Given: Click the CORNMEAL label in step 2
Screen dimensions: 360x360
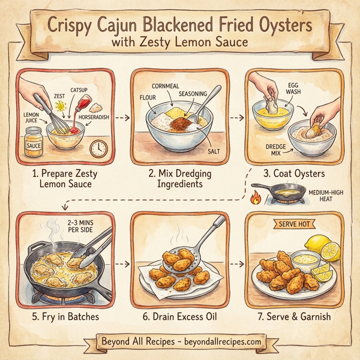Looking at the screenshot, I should pos(166,86).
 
